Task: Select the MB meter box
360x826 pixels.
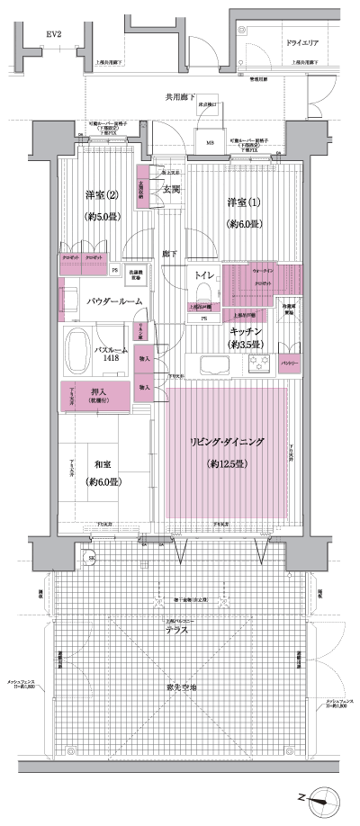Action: tap(210, 142)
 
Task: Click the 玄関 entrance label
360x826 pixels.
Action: tap(171, 188)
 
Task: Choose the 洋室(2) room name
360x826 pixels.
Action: tap(101, 195)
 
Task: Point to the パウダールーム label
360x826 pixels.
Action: tap(114, 301)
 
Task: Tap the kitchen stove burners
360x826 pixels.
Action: tap(262, 364)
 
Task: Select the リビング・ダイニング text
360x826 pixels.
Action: tap(226, 442)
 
